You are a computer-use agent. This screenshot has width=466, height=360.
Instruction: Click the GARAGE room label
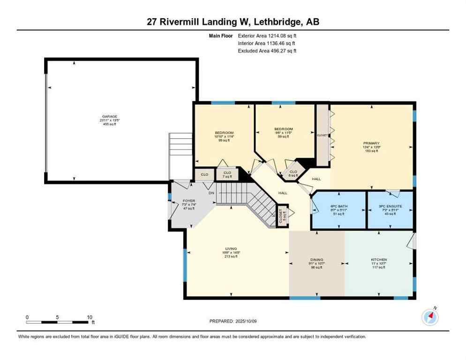(x=110, y=117)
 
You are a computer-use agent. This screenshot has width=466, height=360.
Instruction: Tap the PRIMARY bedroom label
(x=371, y=143)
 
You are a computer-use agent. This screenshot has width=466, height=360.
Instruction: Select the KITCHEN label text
(x=378, y=259)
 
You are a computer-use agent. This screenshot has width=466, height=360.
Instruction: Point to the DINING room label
(x=317, y=259)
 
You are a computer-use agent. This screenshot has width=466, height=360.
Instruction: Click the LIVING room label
(x=231, y=248)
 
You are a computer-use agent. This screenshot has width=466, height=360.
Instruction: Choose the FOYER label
(x=188, y=201)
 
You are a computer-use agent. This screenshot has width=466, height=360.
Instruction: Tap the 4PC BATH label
(x=338, y=206)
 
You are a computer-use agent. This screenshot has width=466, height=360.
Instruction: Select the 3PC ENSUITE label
(x=390, y=206)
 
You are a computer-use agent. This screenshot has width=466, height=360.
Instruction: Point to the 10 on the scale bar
(x=89, y=317)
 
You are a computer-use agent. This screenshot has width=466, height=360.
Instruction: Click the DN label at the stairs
(x=211, y=193)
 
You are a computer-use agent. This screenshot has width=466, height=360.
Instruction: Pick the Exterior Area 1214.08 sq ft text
(x=267, y=35)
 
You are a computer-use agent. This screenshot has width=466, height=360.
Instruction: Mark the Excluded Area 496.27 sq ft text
(x=267, y=51)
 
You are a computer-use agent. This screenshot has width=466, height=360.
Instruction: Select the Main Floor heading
(x=221, y=35)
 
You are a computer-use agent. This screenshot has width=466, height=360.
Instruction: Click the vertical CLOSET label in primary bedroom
(x=322, y=135)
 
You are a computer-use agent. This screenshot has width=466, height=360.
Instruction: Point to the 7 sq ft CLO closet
(x=226, y=174)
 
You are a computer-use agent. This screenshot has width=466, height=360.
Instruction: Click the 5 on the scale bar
(x=57, y=317)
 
